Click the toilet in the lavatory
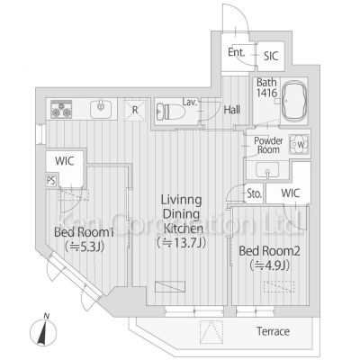(170, 112)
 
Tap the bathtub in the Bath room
(295, 101)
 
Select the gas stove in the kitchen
(61, 109)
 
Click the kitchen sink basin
(101, 109)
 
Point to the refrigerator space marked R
(135, 110)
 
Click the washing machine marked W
(299, 145)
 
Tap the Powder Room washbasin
(267, 170)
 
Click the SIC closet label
(271, 56)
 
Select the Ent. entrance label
(236, 52)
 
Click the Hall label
(232, 110)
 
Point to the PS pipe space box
(51, 181)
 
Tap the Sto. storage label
(255, 193)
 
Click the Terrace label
(273, 331)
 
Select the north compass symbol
(43, 330)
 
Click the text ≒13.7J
(182, 243)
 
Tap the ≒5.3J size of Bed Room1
(84, 247)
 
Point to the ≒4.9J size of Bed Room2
(269, 265)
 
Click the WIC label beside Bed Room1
(65, 161)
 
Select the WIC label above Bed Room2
(291, 193)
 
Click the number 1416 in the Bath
(266, 93)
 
